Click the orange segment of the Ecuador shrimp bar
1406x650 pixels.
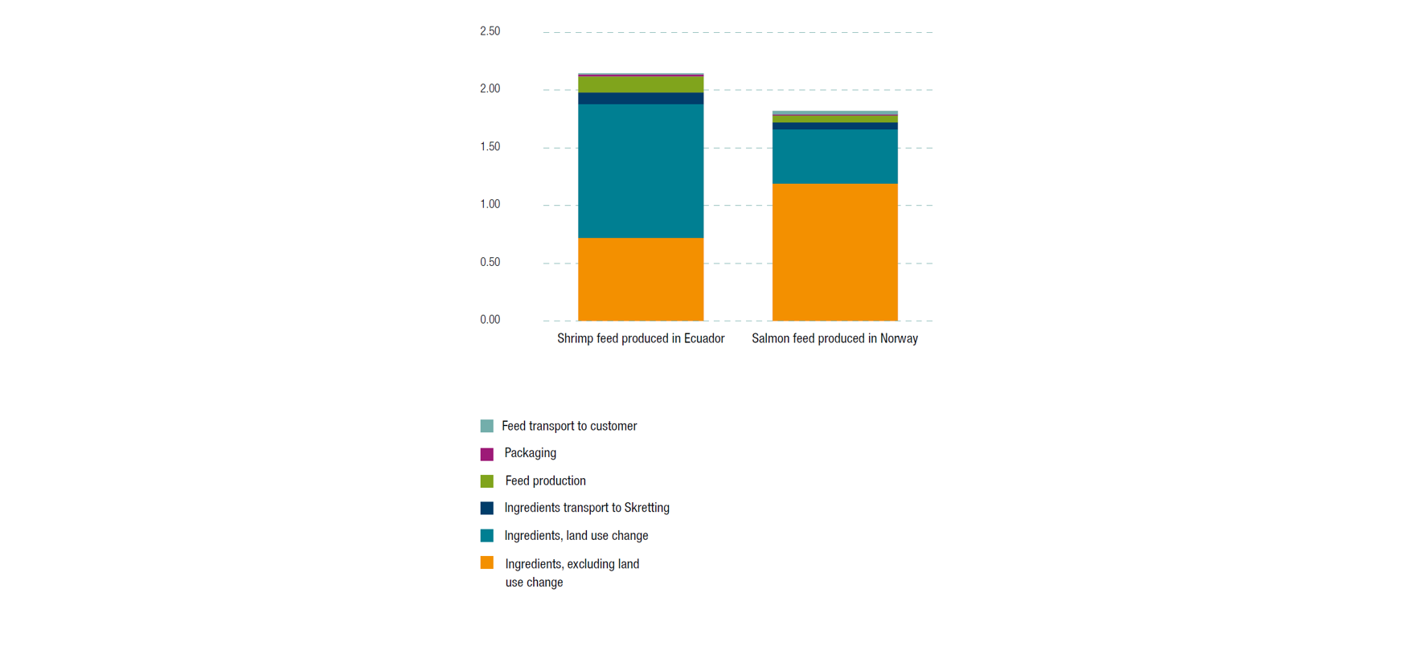coord(641,279)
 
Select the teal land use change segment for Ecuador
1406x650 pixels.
coord(641,170)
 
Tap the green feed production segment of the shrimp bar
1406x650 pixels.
coord(641,84)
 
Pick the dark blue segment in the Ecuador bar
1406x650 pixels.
coord(641,98)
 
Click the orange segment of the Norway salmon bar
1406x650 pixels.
coord(834,251)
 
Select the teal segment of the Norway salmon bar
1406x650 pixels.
coord(834,156)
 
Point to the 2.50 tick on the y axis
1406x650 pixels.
coord(490,31)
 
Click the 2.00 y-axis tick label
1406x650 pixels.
coord(490,88)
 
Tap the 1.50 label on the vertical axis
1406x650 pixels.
coord(490,146)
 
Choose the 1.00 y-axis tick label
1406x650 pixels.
coord(490,204)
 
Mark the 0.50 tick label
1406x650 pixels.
coord(490,262)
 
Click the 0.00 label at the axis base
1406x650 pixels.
coord(490,320)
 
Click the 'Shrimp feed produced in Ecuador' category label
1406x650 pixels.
coord(641,338)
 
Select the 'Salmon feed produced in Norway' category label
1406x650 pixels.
coord(834,338)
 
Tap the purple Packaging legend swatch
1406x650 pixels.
coord(486,454)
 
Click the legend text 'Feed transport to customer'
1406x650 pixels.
coord(569,426)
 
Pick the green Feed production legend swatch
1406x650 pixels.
coord(486,481)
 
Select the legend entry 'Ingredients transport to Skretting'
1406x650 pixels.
coord(587,508)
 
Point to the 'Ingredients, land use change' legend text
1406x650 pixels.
coord(576,535)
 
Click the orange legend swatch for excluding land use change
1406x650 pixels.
coord(486,562)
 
